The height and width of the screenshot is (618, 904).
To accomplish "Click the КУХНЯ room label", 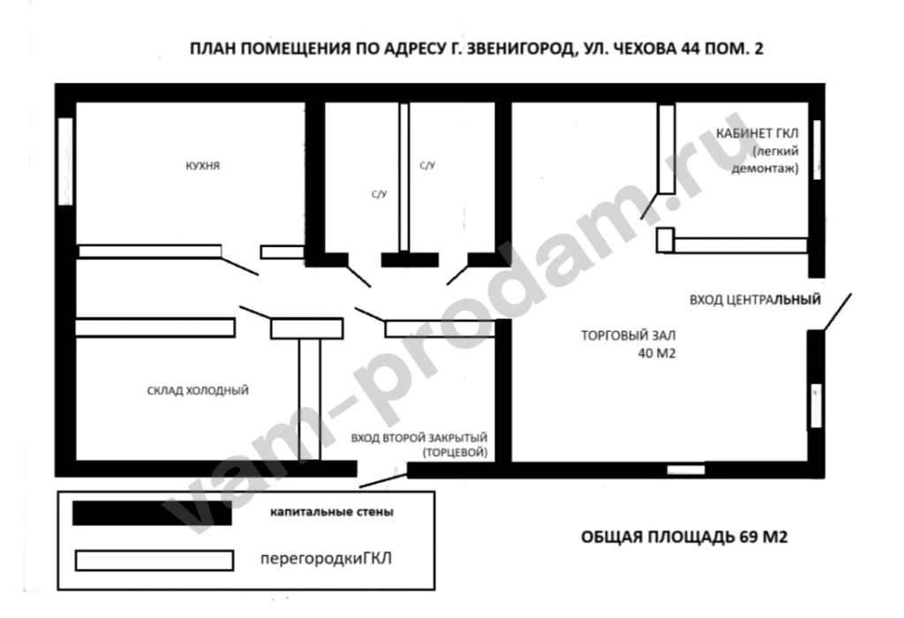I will (x=202, y=164).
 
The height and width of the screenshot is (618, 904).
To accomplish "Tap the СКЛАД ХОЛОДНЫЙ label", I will (x=198, y=389).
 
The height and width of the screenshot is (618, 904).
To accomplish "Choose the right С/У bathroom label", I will (x=426, y=164).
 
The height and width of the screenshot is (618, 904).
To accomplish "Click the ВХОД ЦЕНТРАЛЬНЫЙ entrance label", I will (x=755, y=299).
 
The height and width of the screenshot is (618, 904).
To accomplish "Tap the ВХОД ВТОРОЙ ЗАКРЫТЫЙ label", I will (x=419, y=438).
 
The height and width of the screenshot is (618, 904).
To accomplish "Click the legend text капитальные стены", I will (x=331, y=512).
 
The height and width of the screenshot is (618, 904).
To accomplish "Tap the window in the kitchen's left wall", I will (x=64, y=161).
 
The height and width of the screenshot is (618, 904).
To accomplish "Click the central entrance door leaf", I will (x=838, y=312).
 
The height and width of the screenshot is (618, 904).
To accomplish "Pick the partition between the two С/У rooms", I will (x=404, y=177).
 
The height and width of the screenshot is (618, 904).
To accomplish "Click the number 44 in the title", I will (x=691, y=50).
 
